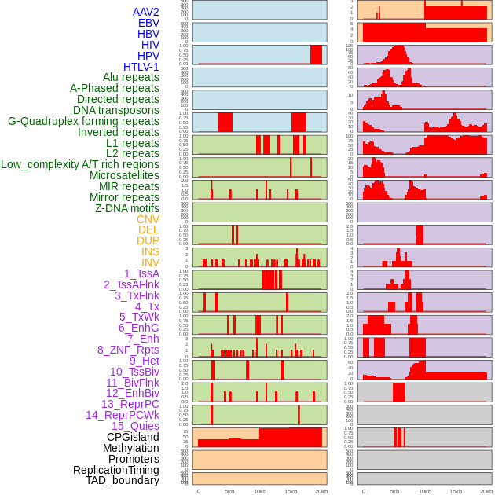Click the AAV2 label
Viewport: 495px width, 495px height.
pos(145,12)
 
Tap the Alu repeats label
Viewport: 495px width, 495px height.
pos(130,77)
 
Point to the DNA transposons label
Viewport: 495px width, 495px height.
pos(115,110)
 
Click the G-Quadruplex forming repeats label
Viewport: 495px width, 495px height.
pos(83,121)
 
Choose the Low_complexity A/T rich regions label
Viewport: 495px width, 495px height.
pos(80,164)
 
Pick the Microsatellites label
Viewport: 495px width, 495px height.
pos(124,175)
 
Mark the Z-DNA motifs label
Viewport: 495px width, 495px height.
pos(126,208)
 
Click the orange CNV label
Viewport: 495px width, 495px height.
pos(148,218)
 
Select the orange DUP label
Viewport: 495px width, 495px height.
pos(148,240)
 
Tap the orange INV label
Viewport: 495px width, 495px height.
pos(150,262)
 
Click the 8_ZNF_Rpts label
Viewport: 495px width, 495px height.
pos(128,350)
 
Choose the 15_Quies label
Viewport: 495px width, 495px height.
pos(134,426)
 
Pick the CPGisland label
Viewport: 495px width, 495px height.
pos(133,437)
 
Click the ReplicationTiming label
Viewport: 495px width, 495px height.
pos(115,470)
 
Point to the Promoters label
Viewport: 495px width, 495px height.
pos(134,459)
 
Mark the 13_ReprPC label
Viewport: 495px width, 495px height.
pos(130,404)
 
